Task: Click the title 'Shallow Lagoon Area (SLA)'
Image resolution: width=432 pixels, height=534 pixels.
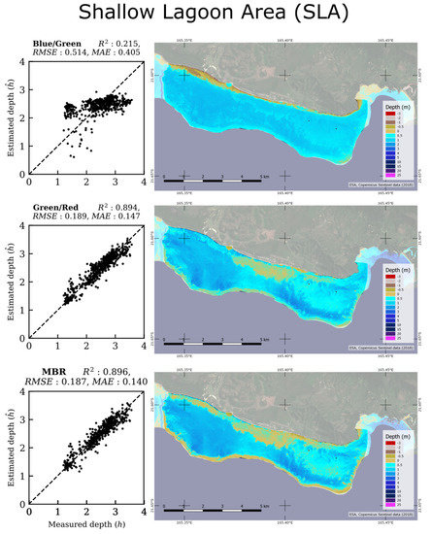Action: [216, 17]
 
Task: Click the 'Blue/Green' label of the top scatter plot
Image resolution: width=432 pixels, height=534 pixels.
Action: [54, 44]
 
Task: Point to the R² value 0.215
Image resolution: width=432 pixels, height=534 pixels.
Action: [127, 44]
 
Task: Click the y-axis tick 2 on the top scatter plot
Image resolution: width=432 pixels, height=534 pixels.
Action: [21, 118]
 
